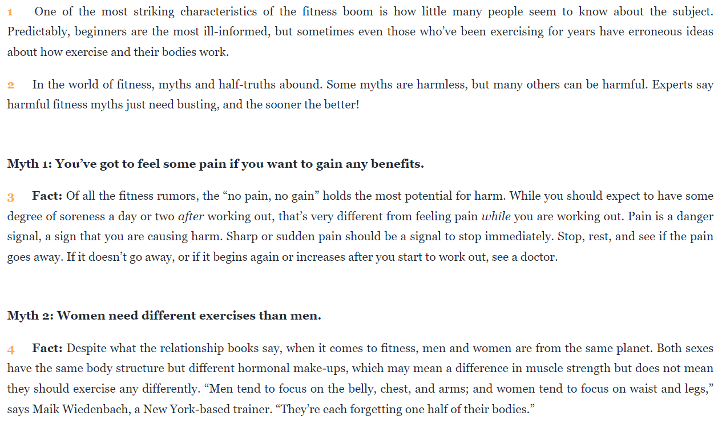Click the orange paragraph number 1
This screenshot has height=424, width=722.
(x=10, y=12)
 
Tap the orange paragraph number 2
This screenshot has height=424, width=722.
(x=10, y=86)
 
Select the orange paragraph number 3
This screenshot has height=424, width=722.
(x=10, y=197)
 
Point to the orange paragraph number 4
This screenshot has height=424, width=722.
(x=11, y=349)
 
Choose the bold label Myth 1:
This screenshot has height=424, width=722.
(x=30, y=164)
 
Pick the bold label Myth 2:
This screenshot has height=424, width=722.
(x=30, y=316)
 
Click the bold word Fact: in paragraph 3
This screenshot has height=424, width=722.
(x=47, y=196)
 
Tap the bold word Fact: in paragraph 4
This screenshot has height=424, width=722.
(x=47, y=348)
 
